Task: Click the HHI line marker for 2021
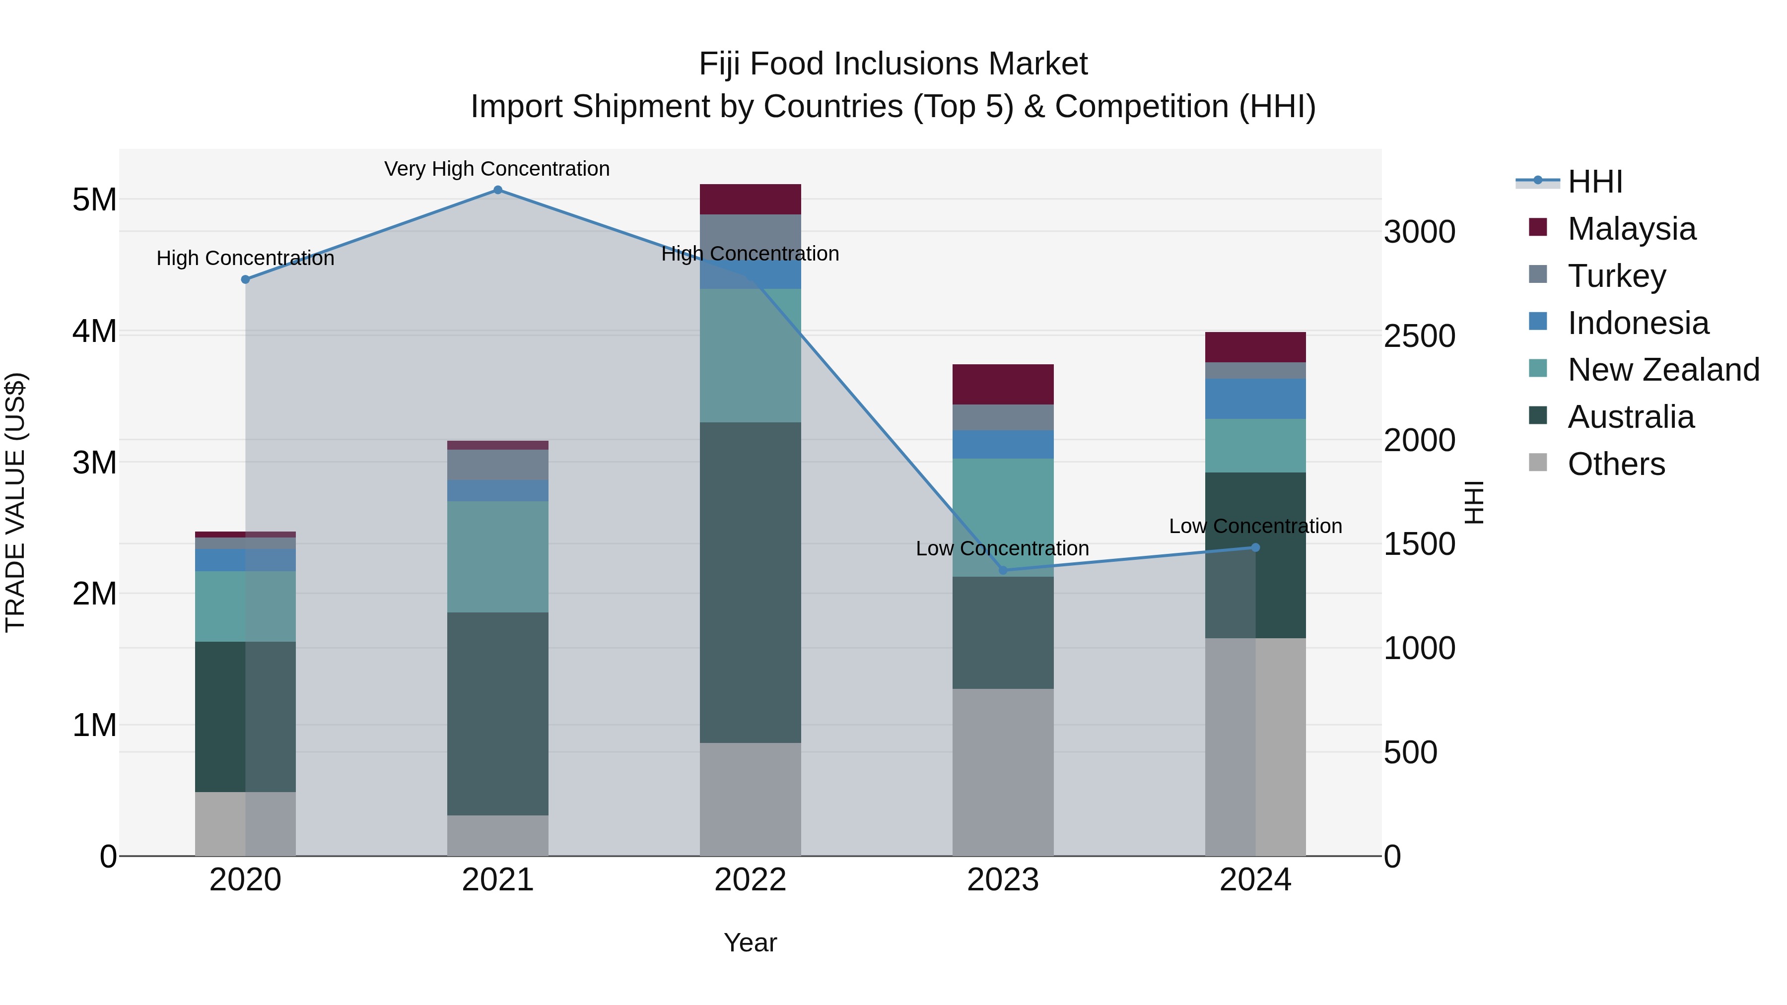point(497,190)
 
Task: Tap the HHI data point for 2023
point(1002,570)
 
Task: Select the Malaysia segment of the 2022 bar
point(750,199)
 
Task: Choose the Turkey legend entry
point(1616,276)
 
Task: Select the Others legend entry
point(1616,464)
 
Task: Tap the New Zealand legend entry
point(1663,370)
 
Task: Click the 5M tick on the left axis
point(94,200)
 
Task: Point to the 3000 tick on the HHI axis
point(1419,232)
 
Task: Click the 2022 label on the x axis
point(750,880)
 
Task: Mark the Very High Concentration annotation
point(497,169)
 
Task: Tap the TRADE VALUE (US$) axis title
point(15,502)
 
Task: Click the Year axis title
point(750,942)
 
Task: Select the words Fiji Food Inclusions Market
point(893,64)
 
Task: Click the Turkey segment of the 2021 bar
point(497,465)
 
